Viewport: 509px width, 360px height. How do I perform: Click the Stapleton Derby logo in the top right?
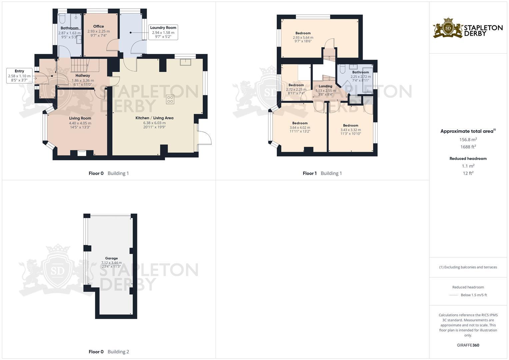(x=468, y=28)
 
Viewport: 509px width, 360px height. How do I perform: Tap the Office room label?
(x=99, y=26)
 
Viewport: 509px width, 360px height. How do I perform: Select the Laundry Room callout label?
(x=163, y=28)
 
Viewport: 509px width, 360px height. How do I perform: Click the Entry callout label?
(x=19, y=71)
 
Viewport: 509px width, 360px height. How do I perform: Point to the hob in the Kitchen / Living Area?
(x=170, y=99)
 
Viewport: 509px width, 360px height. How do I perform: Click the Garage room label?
(x=111, y=258)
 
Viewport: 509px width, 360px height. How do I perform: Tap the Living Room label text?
(x=80, y=118)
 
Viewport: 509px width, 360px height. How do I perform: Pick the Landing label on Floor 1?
(x=325, y=86)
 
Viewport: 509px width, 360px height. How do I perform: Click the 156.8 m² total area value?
(x=468, y=140)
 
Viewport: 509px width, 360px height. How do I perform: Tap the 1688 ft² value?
(x=468, y=147)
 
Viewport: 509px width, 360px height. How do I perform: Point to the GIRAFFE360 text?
(x=468, y=345)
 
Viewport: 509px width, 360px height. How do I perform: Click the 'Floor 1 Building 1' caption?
(x=322, y=173)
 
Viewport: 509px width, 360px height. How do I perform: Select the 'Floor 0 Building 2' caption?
(x=109, y=352)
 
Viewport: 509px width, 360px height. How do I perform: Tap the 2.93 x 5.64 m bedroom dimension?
(x=303, y=38)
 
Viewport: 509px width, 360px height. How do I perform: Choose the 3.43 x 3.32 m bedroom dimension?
(x=350, y=130)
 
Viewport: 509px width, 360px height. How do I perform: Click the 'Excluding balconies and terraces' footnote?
(x=468, y=267)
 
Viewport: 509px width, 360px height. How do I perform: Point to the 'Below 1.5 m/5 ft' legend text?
(x=474, y=295)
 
